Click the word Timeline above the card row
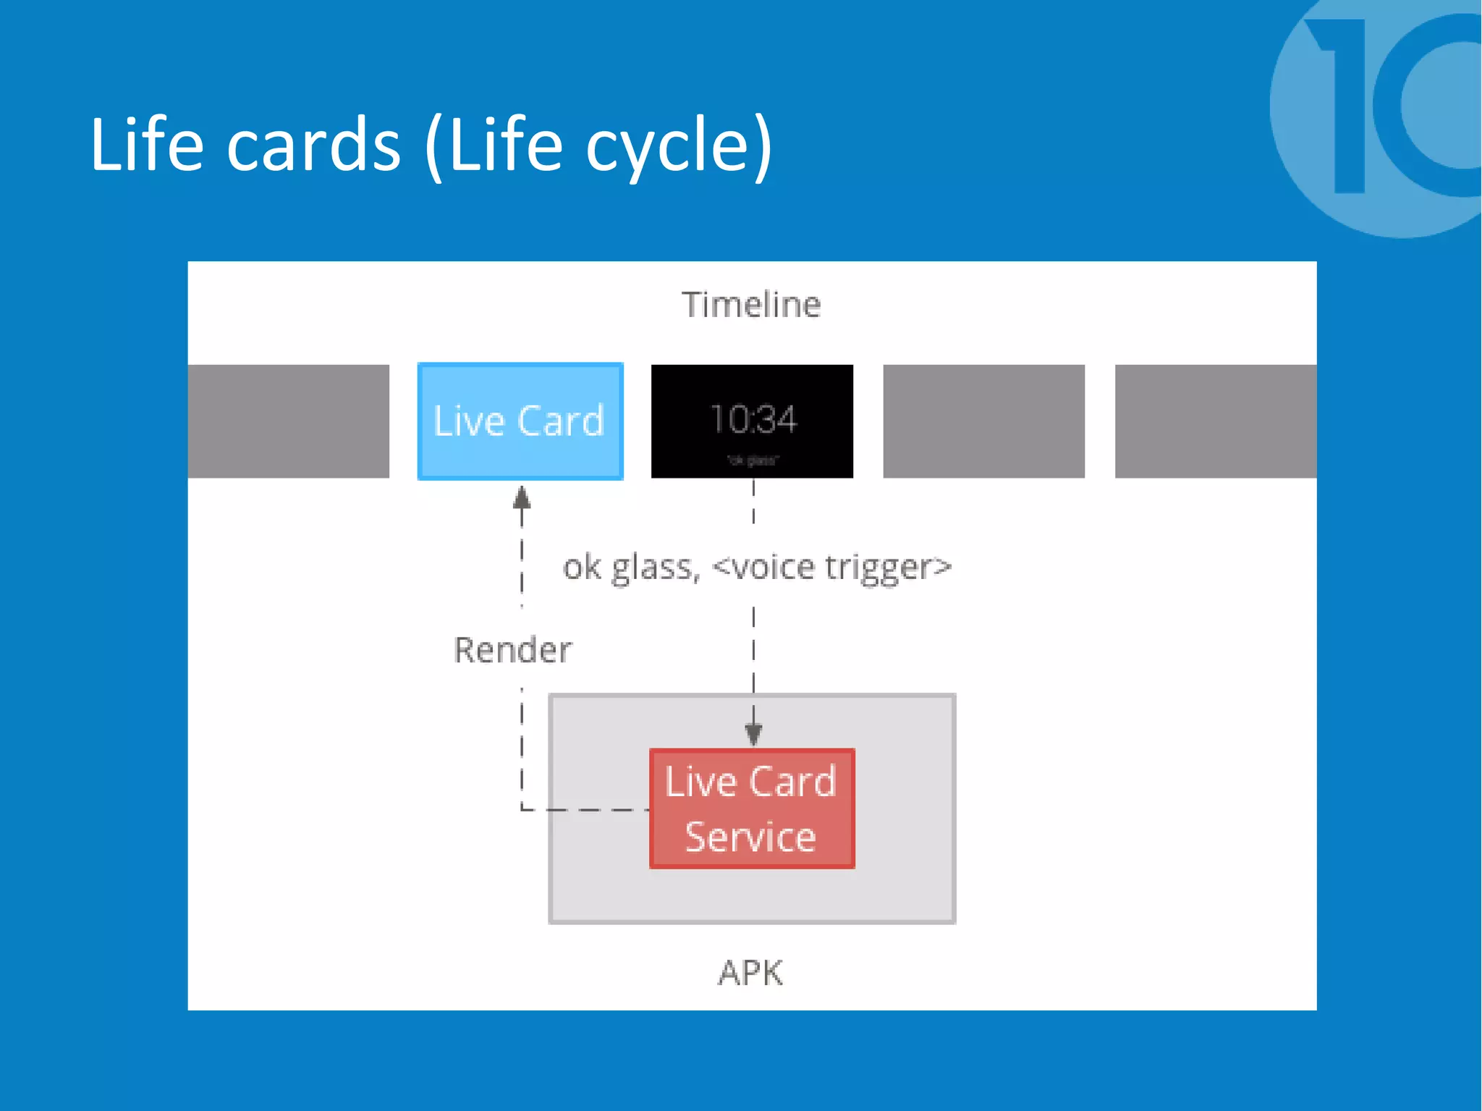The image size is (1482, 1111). click(x=751, y=305)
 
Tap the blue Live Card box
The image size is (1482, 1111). click(x=520, y=421)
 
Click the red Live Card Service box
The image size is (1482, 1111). click(x=752, y=808)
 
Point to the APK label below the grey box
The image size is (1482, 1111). click(x=750, y=973)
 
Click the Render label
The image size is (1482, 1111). click(x=512, y=649)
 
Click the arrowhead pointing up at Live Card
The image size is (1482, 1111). click(x=522, y=498)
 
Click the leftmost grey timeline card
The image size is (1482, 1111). click(x=288, y=421)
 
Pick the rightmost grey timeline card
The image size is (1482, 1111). click(x=1215, y=421)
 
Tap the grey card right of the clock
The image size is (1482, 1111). click(x=983, y=421)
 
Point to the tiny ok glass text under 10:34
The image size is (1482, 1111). click(x=753, y=460)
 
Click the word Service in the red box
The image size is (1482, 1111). click(x=750, y=837)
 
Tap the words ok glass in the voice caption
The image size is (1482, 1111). click(x=631, y=567)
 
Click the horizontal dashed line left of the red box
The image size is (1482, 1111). click(x=586, y=809)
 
